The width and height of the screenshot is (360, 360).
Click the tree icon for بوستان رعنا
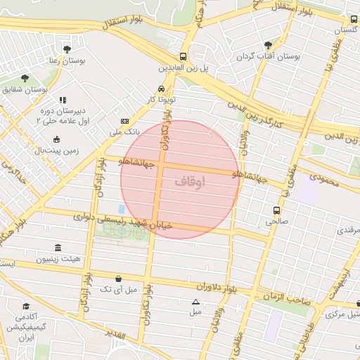click(x=67, y=49)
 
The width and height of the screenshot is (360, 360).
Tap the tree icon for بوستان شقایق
click(x=25, y=78)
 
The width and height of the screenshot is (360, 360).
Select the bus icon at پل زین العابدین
click(x=183, y=57)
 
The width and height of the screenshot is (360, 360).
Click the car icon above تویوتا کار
click(x=162, y=89)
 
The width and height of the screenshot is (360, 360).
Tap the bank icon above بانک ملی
click(x=125, y=121)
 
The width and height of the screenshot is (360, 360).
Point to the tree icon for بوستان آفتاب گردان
click(x=266, y=44)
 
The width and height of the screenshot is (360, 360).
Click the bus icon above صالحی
click(x=276, y=210)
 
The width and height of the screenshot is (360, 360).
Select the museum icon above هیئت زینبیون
click(x=57, y=249)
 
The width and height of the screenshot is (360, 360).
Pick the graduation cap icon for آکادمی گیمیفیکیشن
click(x=26, y=307)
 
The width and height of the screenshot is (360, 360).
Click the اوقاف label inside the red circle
click(x=189, y=181)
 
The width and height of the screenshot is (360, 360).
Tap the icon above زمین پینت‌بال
click(x=56, y=139)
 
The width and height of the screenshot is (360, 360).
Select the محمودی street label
click(x=324, y=181)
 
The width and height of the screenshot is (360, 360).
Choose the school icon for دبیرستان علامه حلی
click(x=62, y=101)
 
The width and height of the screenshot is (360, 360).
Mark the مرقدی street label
click(x=348, y=230)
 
